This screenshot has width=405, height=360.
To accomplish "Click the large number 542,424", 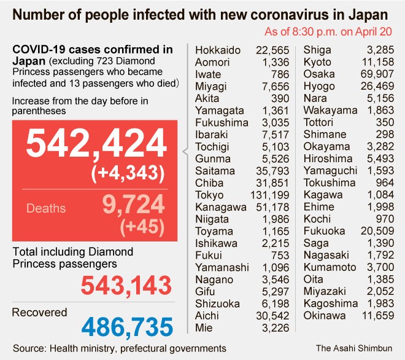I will [x=96, y=146].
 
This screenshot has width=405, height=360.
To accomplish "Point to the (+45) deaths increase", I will [x=144, y=227].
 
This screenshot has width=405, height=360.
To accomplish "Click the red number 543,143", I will [x=126, y=284].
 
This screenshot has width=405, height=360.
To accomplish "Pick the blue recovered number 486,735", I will [x=127, y=326].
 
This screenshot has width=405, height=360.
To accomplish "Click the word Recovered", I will [x=39, y=313].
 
